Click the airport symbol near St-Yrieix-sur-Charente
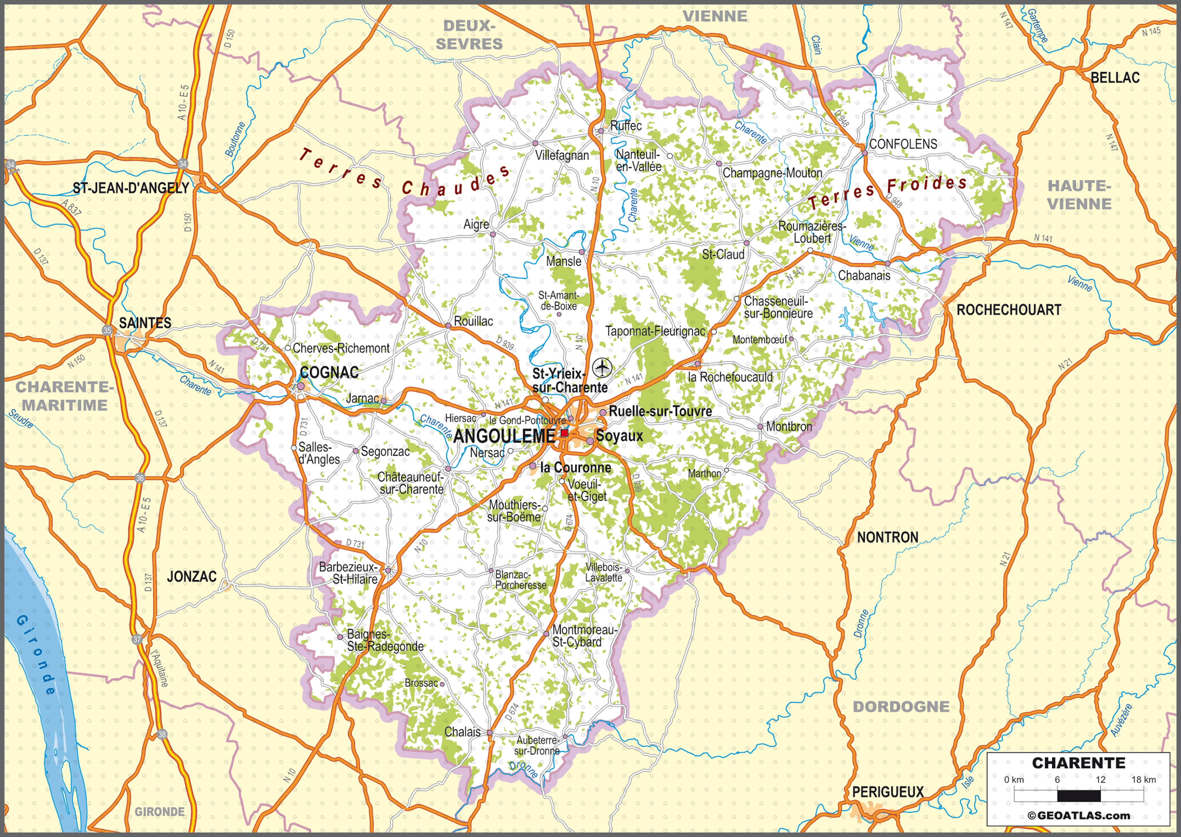coord(601,368)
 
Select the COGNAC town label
coord(329,372)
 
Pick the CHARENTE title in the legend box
coord(1078,763)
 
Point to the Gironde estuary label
coord(36,655)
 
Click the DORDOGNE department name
coord(901,707)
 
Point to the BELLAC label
coord(1115,78)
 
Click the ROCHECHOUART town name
coord(1008,310)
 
